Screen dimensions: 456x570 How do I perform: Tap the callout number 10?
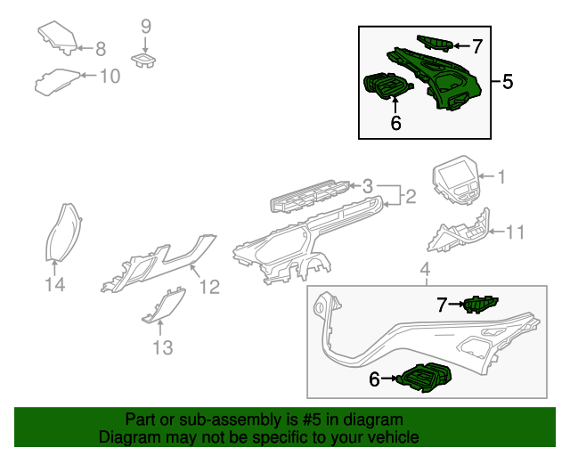pos(109,77)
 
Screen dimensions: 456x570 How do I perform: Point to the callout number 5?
pos(507,82)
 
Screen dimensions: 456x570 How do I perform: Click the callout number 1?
pos(501,177)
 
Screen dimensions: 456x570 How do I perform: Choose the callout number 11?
pos(516,233)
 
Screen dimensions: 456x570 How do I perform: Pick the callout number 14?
pos(55,285)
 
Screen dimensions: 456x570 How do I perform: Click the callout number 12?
pos(208,287)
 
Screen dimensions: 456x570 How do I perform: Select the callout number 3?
pos(367,186)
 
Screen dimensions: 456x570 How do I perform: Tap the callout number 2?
pos(411,196)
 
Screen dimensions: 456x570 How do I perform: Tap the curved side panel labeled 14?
pos(63,232)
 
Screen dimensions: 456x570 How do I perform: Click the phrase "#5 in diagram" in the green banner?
pos(354,419)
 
